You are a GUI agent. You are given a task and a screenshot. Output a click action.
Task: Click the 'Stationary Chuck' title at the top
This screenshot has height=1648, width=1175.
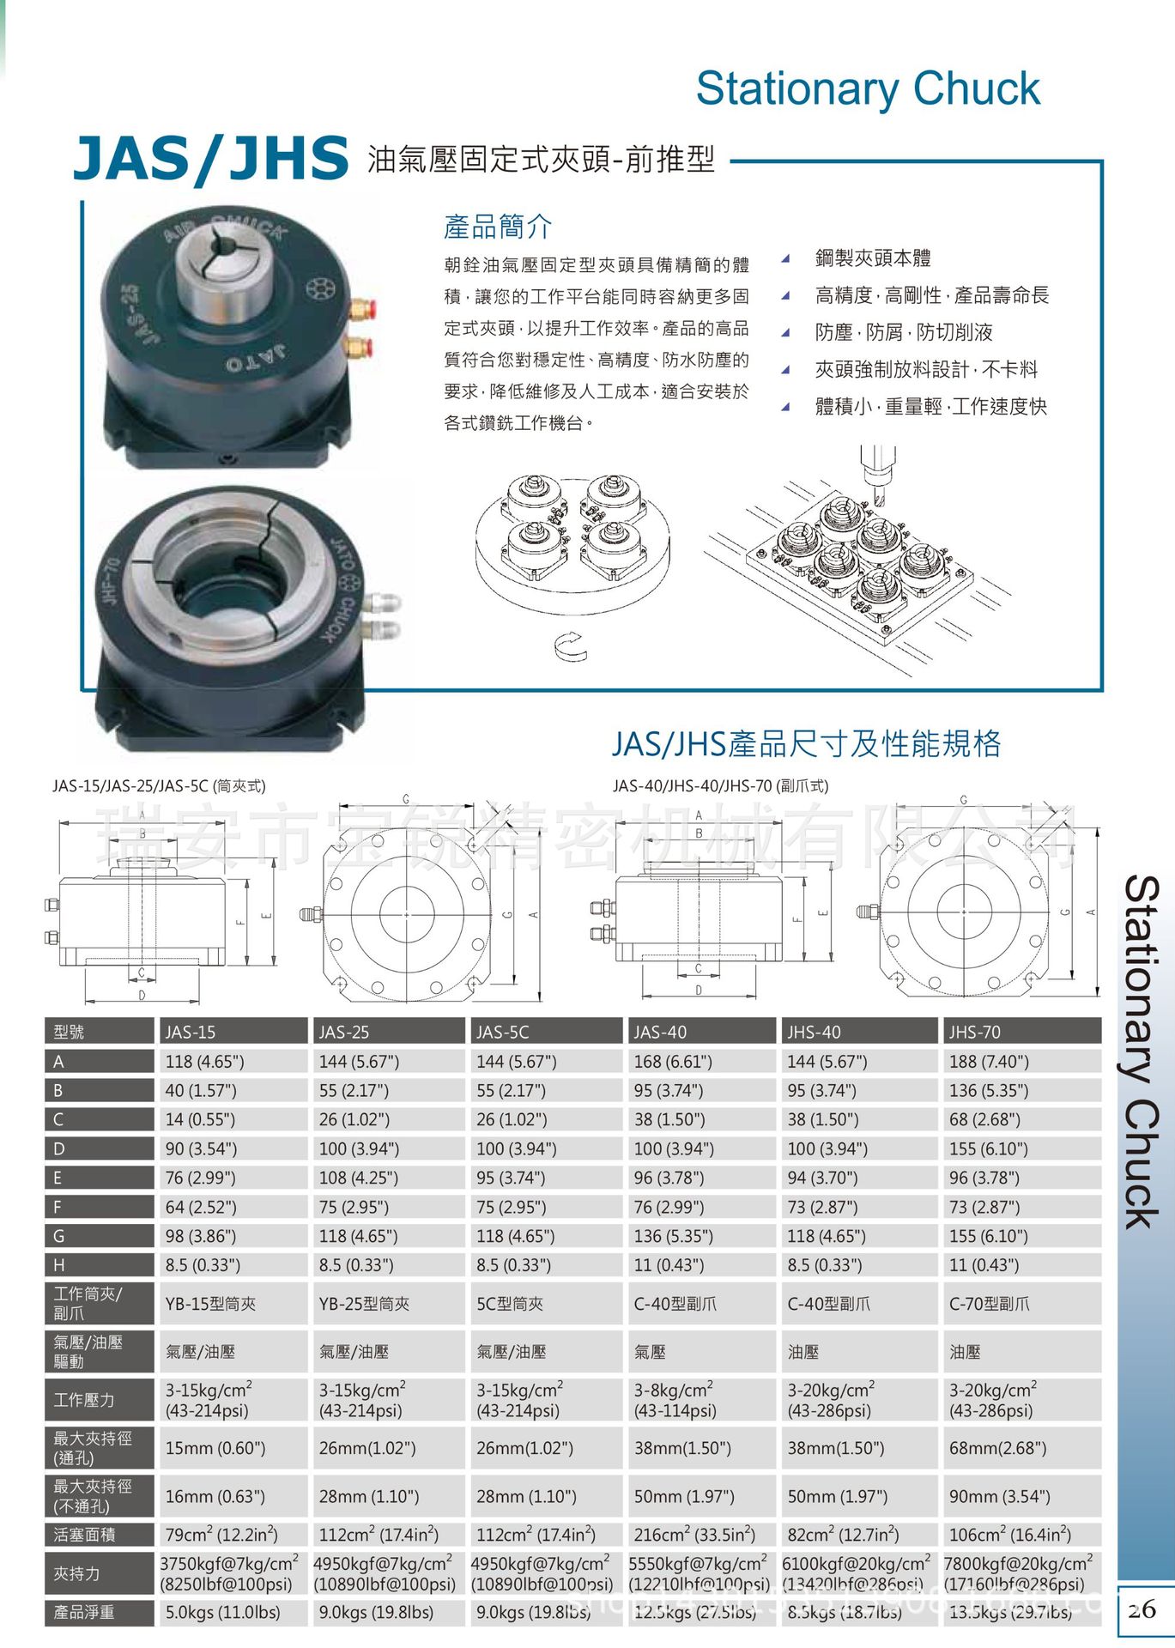[868, 88]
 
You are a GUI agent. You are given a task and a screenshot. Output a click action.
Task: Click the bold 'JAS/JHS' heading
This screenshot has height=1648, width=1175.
[211, 159]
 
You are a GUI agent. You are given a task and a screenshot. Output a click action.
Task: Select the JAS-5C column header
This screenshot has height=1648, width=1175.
[503, 1032]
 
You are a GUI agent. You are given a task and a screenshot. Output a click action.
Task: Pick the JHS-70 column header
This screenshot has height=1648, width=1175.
[975, 1032]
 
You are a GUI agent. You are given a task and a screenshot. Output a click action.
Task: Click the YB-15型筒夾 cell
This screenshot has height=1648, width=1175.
[210, 1303]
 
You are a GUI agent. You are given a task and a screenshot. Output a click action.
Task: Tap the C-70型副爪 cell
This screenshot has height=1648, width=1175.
[989, 1303]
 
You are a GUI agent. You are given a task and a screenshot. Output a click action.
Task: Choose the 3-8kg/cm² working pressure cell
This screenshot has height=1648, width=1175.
[674, 1399]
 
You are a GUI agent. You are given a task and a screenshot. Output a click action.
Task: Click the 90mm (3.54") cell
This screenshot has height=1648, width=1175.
[999, 1496]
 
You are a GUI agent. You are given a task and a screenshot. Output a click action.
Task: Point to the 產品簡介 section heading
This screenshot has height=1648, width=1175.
[497, 227]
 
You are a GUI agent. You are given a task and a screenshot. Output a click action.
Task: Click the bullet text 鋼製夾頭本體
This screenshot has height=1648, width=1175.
[872, 257]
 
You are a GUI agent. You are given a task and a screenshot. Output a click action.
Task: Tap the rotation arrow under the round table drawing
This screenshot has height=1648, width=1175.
[571, 646]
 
